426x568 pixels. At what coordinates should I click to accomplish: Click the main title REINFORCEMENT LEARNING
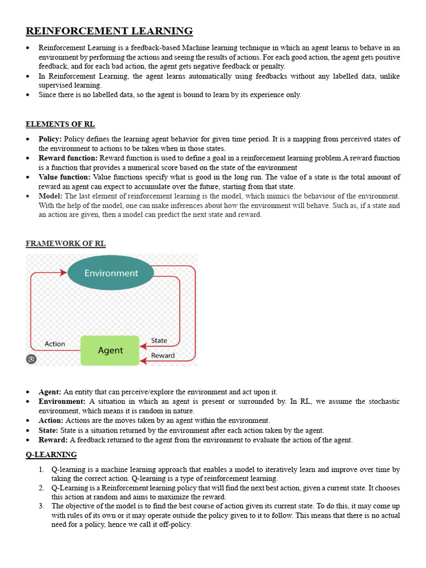pos(109,31)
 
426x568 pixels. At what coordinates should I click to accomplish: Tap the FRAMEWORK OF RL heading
pos(65,244)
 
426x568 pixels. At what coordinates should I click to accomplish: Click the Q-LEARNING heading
pos(51,455)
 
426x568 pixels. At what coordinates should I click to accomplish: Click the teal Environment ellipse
pos(111,273)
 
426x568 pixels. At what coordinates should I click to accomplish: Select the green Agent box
pos(110,351)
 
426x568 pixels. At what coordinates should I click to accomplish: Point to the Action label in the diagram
pos(55,344)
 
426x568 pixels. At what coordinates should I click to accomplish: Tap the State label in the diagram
pos(159,341)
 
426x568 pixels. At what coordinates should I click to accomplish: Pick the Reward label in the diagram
pos(163,356)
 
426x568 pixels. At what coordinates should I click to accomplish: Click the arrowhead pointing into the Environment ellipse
pos(63,273)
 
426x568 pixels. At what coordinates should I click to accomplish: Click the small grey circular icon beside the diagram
pos(31,359)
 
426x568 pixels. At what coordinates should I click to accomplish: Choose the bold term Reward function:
pos(68,158)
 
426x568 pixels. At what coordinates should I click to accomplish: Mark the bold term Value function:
pos(64,177)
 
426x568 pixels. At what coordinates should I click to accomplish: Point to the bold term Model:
pos(50,196)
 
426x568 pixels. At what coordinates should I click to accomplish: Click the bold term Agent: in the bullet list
pos(50,392)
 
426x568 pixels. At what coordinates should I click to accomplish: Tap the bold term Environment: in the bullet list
pos(62,401)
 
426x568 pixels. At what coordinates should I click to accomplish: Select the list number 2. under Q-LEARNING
pos(42,488)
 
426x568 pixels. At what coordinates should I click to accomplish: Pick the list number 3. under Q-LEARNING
pos(42,506)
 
